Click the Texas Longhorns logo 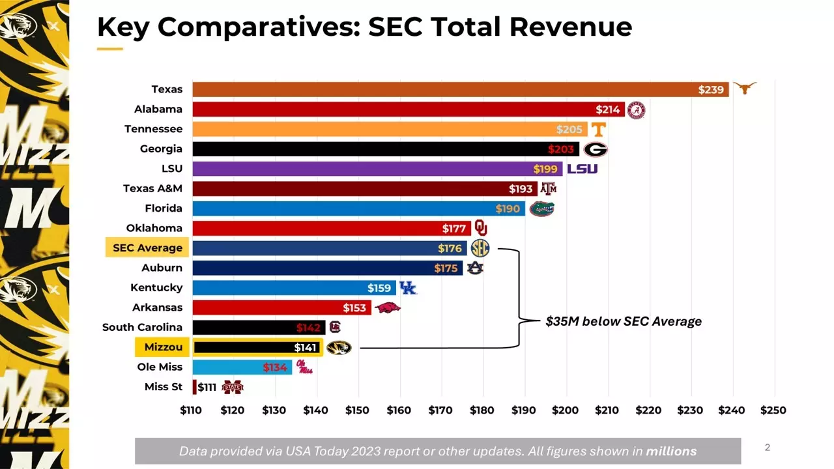coord(745,88)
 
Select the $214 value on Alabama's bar coord(607,109)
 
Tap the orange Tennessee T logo coord(599,130)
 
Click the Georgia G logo coord(595,149)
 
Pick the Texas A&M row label coord(152,189)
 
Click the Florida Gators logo coord(541,209)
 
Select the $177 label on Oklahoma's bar coord(454,229)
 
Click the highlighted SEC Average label coord(147,248)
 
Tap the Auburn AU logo coord(475,268)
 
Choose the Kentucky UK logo coord(408,288)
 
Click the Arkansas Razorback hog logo coord(388,307)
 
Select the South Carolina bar coord(258,328)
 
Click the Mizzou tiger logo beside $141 coord(339,347)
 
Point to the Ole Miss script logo coord(304,367)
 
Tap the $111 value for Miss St coord(207,387)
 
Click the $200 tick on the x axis coord(565,410)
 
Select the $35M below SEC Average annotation coord(623,321)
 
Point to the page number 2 coord(767,448)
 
